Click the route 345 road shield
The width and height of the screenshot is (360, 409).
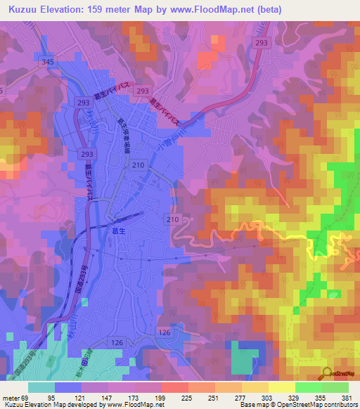(x=48, y=63)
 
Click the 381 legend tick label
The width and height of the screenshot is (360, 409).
(x=347, y=397)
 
